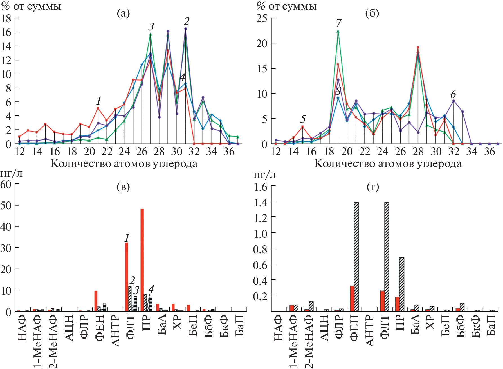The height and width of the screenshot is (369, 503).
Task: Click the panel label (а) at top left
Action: [123, 13]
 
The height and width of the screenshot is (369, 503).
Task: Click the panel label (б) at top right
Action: [372, 13]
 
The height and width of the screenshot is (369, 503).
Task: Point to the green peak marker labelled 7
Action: [338, 31]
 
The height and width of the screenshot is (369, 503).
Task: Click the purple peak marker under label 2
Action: [186, 29]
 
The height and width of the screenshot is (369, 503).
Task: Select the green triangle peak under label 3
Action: [151, 34]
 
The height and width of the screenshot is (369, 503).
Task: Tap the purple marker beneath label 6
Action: [453, 101]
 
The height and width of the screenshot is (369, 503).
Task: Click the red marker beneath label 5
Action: [302, 127]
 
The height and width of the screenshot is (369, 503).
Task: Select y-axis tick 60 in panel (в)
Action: [6, 184]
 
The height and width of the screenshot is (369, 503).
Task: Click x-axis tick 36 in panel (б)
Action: [489, 152]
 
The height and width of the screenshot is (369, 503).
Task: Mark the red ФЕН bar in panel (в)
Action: [96, 301]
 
